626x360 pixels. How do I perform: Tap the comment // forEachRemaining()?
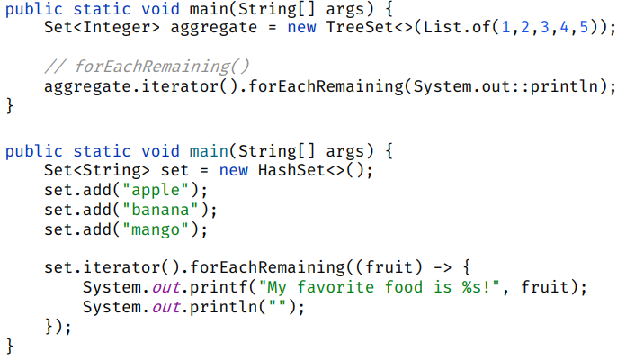tap(146, 67)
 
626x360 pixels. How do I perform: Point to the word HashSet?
tap(291, 170)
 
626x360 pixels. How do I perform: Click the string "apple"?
tap(156, 190)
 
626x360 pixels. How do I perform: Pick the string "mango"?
tap(156, 229)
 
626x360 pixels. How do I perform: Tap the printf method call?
tap(205, 289)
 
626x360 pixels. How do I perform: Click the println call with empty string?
tap(210, 309)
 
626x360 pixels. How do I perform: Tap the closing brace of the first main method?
tap(10, 107)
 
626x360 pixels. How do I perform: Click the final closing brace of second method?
tap(10, 347)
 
